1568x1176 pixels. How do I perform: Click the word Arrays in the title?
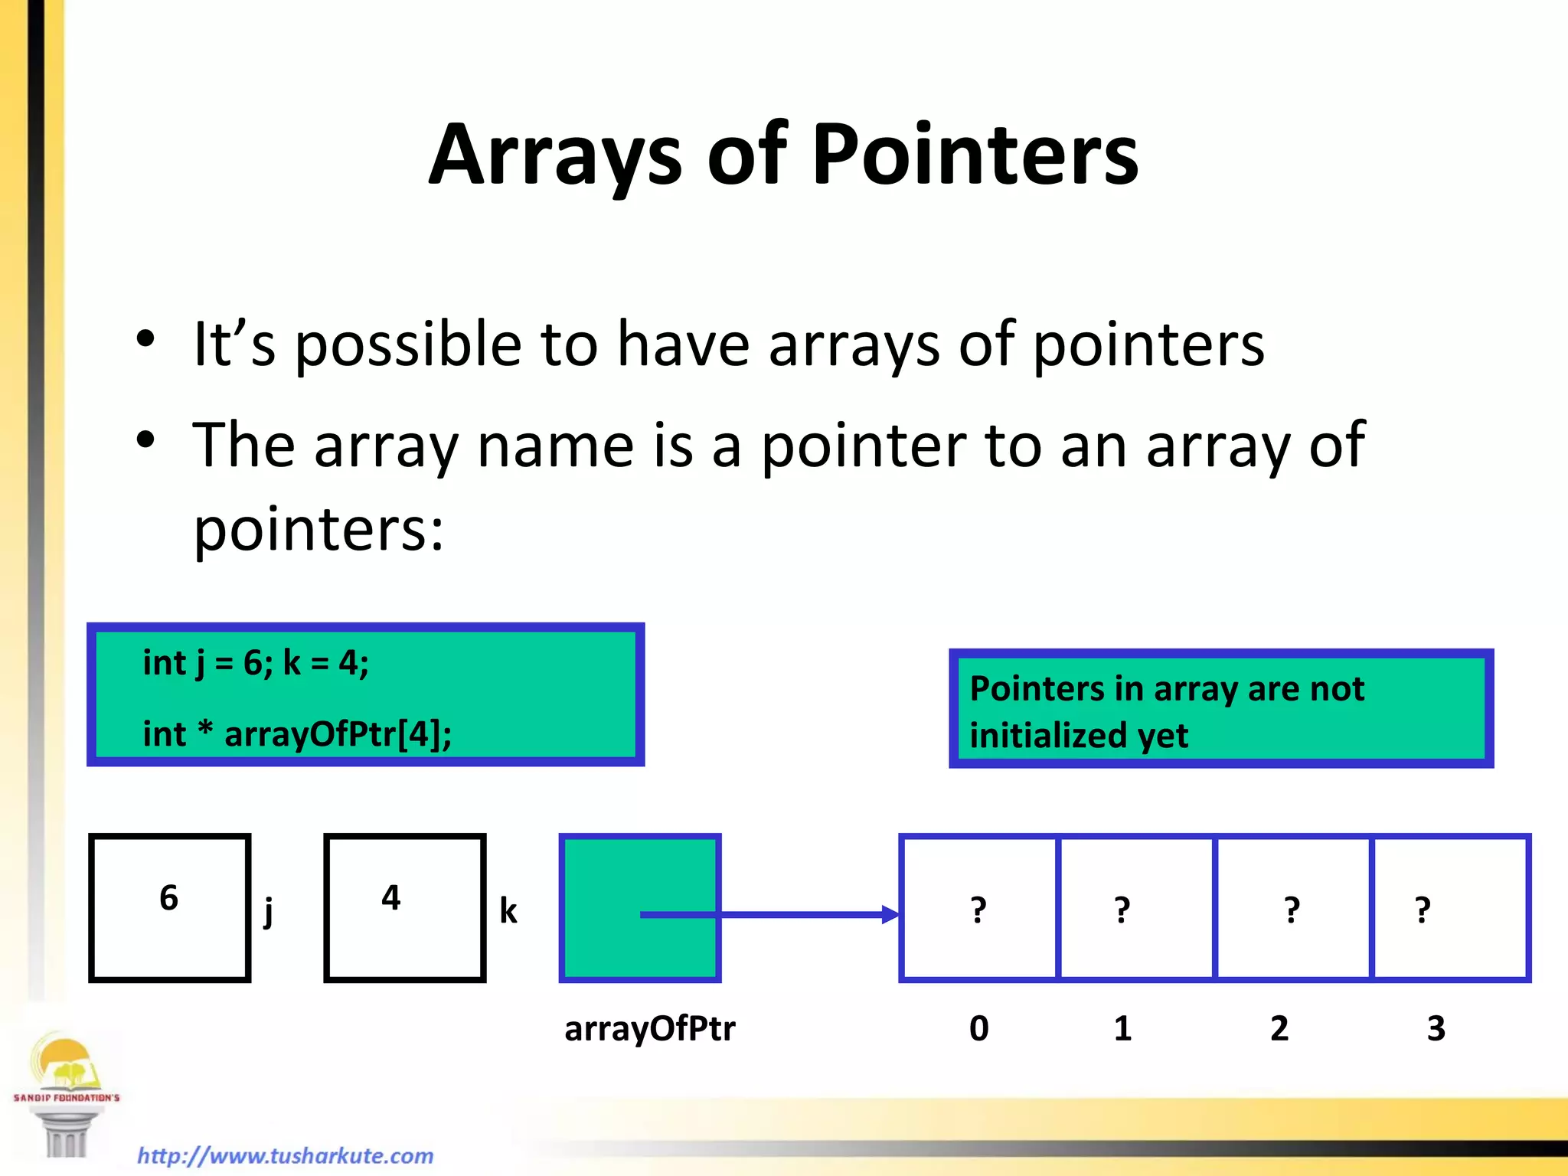tap(554, 155)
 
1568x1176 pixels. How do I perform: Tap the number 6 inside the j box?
tap(169, 898)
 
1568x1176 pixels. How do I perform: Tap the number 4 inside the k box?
tap(391, 897)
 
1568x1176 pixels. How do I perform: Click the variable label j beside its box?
tap(268, 911)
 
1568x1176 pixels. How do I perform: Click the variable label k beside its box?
tap(508, 911)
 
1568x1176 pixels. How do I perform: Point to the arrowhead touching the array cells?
tap(890, 914)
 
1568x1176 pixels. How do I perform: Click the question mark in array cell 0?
tap(978, 910)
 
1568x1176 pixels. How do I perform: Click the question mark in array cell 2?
tap(1292, 910)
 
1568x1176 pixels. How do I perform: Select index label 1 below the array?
tap(1122, 1028)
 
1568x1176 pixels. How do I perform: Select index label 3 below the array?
tap(1436, 1028)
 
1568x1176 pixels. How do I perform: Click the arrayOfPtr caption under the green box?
tap(649, 1028)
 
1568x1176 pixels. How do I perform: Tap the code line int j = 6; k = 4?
tap(256, 663)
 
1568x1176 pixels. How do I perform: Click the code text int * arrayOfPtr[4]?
tap(297, 734)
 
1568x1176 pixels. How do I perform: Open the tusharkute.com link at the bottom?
tap(285, 1155)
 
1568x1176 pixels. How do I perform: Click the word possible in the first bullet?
tap(408, 345)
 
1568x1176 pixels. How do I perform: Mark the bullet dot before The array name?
tap(145, 439)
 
